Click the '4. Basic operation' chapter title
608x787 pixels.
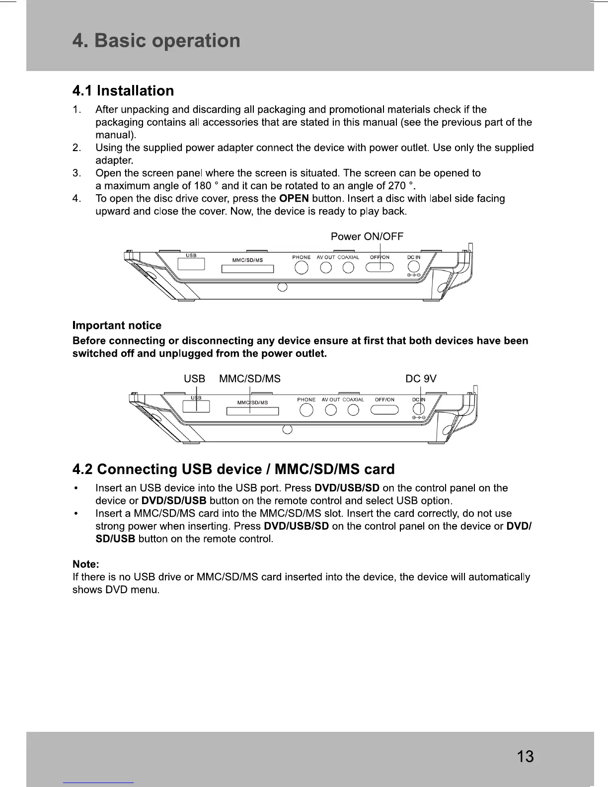pyautogui.click(x=156, y=41)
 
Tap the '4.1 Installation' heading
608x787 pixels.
pyautogui.click(x=123, y=91)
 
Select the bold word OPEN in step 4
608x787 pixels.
pyautogui.click(x=294, y=199)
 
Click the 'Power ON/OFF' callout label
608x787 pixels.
pyautogui.click(x=367, y=236)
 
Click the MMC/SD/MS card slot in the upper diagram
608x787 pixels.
pyautogui.click(x=247, y=269)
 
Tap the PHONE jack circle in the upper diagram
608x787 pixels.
pyautogui.click(x=302, y=268)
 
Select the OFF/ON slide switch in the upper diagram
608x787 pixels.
pyautogui.click(x=380, y=268)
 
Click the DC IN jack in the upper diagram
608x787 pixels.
pyautogui.click(x=413, y=267)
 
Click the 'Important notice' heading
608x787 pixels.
pyautogui.click(x=117, y=325)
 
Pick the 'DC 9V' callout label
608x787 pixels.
pyautogui.click(x=421, y=379)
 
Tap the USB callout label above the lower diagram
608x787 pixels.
pyautogui.click(x=194, y=379)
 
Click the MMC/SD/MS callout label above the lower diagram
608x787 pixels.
pyautogui.click(x=250, y=379)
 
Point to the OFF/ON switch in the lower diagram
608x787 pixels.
pyautogui.click(x=385, y=410)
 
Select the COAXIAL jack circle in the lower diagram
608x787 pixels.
pyautogui.click(x=353, y=410)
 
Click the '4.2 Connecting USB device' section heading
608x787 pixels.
pyautogui.click(x=233, y=470)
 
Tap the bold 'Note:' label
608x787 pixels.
pyautogui.click(x=86, y=564)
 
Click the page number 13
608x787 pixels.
pyautogui.click(x=525, y=757)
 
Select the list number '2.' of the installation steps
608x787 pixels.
pyautogui.click(x=76, y=148)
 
